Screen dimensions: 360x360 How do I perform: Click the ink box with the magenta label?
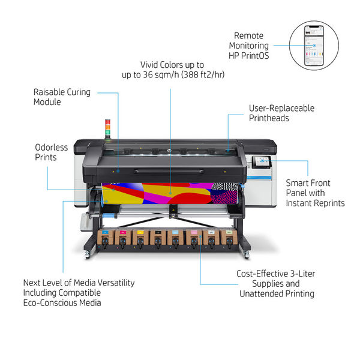coord(123,238)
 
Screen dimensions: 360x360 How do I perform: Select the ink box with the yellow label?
coord(140,238)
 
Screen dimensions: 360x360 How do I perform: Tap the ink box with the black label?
coord(158,238)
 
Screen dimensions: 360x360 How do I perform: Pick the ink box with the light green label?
coord(229,238)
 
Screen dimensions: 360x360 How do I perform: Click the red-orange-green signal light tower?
coord(107,129)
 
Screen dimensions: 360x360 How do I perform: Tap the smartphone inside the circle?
coord(314,46)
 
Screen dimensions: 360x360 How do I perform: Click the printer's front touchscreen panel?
coord(262,162)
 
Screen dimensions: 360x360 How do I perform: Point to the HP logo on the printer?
coord(170,151)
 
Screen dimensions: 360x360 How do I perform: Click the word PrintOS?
coord(255,56)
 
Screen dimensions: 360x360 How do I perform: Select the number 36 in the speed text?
coord(148,74)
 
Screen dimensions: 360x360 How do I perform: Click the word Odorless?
coord(52,148)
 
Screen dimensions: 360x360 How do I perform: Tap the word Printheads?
coord(269,118)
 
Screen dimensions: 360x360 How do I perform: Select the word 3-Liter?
coord(302,274)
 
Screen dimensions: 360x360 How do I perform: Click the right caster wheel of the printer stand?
coord(247,255)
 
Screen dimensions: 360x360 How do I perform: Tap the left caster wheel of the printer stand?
coord(87,255)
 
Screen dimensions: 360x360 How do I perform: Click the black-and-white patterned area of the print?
coord(225,193)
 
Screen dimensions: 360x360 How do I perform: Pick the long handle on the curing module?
coord(169,171)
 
